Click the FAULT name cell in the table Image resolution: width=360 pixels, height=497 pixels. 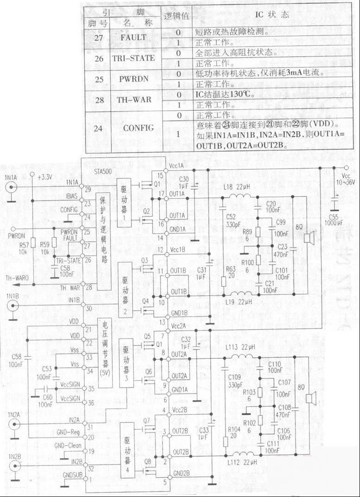pyautogui.click(x=133, y=37)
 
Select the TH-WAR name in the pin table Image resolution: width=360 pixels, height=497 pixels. pyautogui.click(x=133, y=99)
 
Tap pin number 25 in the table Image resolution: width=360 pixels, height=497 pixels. pyautogui.click(x=98, y=79)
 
